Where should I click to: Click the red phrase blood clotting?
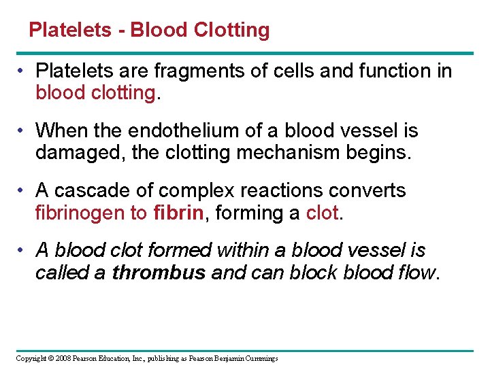tap(96, 92)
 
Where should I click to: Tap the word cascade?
tap(91, 190)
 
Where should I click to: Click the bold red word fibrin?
tap(178, 212)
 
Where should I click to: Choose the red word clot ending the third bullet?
tap(321, 212)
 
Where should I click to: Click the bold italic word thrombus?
tap(159, 272)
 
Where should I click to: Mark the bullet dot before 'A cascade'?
tap(22, 190)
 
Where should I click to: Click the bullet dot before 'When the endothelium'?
tap(22, 130)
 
